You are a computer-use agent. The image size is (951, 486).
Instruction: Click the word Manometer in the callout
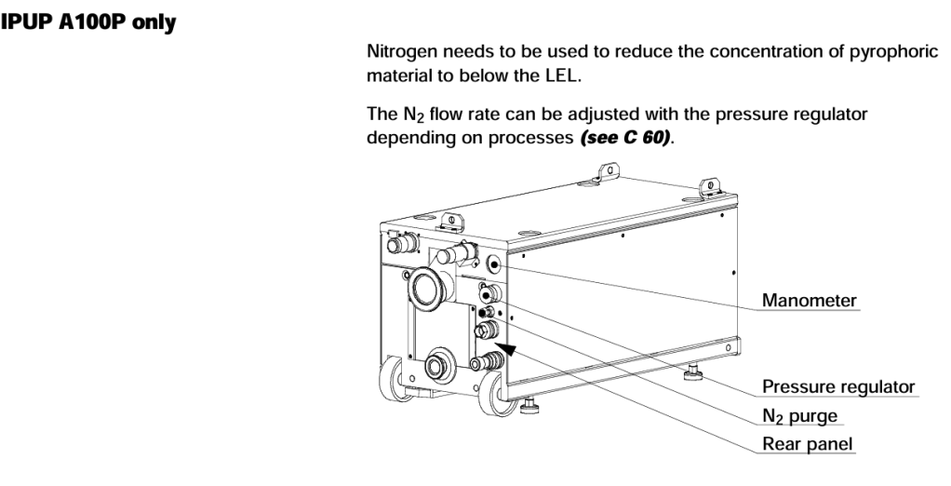click(809, 302)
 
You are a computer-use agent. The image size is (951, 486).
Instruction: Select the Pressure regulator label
click(838, 386)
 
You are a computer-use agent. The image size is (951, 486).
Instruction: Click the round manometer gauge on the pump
click(491, 264)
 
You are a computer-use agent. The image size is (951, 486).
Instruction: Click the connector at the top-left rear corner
click(401, 245)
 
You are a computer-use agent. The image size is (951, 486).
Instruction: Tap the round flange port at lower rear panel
click(435, 364)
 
